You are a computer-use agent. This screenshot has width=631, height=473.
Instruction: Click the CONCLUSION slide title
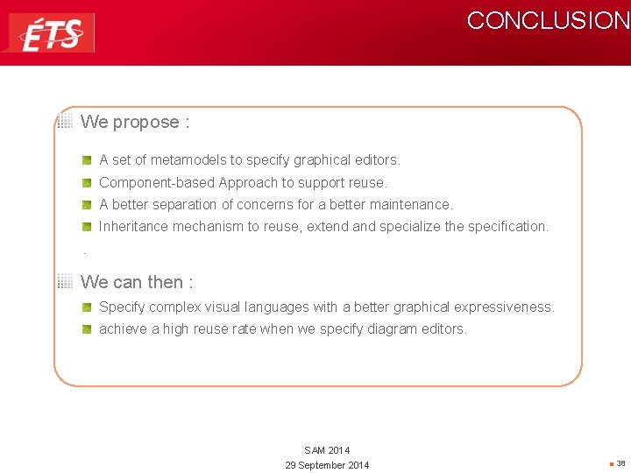[547, 21]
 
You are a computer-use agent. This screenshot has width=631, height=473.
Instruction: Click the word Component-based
[157, 183]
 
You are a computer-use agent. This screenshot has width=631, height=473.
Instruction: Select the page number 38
[620, 463]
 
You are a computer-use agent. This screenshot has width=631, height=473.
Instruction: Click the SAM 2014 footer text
[327, 450]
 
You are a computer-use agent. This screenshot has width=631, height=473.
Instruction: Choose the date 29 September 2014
[327, 465]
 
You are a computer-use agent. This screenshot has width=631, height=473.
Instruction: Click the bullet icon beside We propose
[65, 122]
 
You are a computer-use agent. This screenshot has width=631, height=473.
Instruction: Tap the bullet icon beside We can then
[65, 282]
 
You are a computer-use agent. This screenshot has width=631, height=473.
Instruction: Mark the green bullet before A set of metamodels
[88, 160]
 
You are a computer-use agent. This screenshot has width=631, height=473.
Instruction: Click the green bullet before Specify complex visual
[88, 307]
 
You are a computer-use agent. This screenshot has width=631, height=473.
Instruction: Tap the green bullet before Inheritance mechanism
[88, 227]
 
